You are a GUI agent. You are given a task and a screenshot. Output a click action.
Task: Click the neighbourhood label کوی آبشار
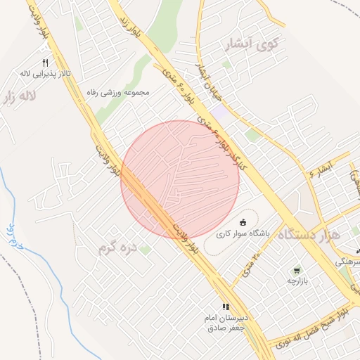[x=250, y=46]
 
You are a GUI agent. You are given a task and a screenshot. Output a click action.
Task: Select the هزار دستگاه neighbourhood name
[x=310, y=234]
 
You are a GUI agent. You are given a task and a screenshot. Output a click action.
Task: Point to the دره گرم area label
[x=117, y=247]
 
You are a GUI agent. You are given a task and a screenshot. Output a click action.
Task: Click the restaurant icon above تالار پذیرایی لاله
[x=46, y=62]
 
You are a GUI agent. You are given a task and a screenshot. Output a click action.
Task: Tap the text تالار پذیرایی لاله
[x=45, y=72]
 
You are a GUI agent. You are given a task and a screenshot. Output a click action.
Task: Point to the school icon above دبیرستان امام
[x=226, y=307]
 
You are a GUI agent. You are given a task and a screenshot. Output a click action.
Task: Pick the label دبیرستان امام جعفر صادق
[x=226, y=323]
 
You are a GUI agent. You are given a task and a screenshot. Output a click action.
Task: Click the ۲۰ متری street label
[x=251, y=264]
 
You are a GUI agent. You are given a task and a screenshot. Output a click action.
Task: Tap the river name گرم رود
[x=15, y=238]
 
